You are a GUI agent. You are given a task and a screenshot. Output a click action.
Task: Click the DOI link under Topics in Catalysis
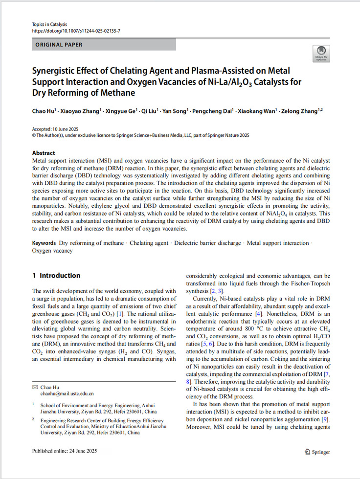coord(76,31)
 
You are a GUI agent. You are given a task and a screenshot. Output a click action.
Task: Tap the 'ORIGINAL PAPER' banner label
coord(59,45)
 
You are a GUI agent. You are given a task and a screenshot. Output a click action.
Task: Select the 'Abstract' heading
coord(44,153)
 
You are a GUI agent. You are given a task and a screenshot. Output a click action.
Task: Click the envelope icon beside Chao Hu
coord(34,387)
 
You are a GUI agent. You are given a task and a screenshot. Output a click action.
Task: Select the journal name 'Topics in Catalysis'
coord(49,24)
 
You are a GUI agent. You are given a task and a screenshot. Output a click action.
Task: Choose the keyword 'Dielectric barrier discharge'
coord(207,243)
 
